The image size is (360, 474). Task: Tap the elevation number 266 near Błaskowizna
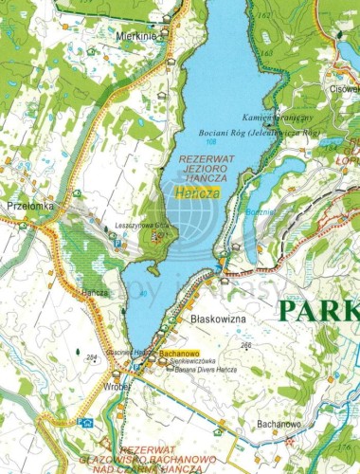246,345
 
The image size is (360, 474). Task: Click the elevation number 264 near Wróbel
91,356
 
